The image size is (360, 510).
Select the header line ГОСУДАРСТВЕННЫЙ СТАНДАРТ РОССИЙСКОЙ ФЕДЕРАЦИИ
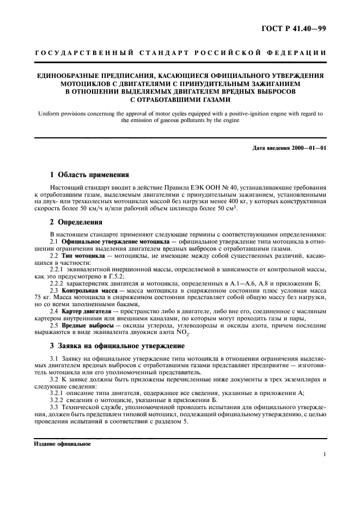(x=180, y=53)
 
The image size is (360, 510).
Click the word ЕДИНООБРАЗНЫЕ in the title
(x=70, y=76)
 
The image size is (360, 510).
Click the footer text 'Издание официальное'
(x=58, y=443)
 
